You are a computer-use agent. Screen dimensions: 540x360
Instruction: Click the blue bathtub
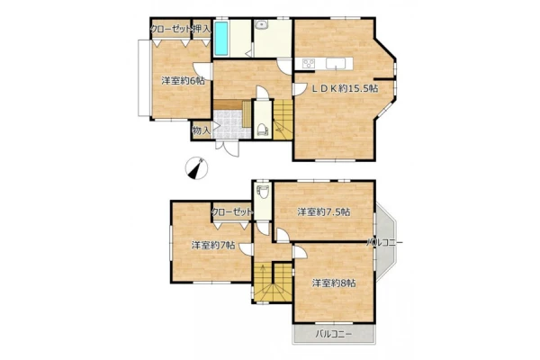click(221, 39)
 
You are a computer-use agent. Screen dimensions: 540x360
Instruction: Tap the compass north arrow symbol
click(196, 168)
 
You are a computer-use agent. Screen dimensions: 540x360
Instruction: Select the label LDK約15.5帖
click(345, 88)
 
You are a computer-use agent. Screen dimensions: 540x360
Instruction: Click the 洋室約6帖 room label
click(183, 81)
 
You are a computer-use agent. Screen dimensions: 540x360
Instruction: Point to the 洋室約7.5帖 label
click(324, 211)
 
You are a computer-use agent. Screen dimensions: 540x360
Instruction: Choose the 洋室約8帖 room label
click(334, 283)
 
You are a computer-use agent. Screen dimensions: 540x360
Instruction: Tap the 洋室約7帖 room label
click(213, 246)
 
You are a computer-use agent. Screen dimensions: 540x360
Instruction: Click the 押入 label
click(202, 30)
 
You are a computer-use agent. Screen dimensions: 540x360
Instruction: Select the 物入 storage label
click(201, 130)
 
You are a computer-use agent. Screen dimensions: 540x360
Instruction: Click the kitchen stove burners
click(309, 63)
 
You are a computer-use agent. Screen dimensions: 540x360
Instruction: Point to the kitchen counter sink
click(336, 63)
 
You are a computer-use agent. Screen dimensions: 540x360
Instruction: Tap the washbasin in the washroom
click(262, 24)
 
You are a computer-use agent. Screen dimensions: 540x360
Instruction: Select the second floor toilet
click(264, 192)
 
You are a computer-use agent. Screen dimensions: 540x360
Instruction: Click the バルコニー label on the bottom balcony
click(334, 334)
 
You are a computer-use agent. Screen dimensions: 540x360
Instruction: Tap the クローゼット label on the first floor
click(171, 30)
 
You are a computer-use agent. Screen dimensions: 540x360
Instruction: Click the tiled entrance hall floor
click(228, 124)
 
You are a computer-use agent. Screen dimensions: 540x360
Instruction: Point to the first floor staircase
click(283, 120)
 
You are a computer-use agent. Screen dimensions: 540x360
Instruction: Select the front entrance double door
click(227, 148)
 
